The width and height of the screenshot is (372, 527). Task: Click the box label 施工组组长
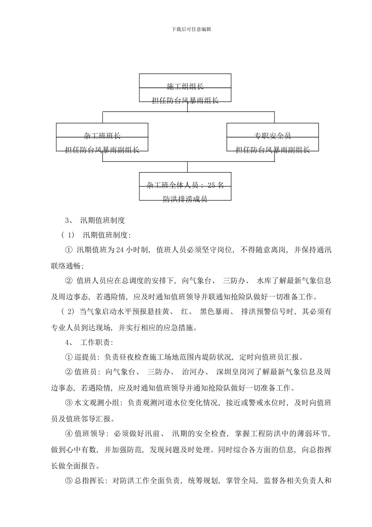pyautogui.click(x=185, y=86)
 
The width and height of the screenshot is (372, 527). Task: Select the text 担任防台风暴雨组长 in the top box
pyautogui.click(x=185, y=101)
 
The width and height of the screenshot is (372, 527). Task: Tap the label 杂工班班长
pyautogui.click(x=102, y=136)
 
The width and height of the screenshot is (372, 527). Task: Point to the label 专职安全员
pyautogui.click(x=273, y=136)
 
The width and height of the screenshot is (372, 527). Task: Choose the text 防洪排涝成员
pyautogui.click(x=185, y=199)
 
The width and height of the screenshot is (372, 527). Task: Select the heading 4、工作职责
pyautogui.click(x=89, y=342)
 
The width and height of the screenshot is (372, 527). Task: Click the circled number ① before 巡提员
pyautogui.click(x=69, y=357)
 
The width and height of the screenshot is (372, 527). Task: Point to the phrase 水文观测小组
pyautogui.click(x=98, y=403)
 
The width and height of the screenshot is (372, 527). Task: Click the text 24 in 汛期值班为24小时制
pyautogui.click(x=120, y=250)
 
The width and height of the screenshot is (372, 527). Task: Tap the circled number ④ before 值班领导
pyautogui.click(x=69, y=434)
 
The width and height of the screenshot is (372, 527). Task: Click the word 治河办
pyautogui.click(x=193, y=372)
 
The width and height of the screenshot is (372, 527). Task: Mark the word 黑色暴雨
pyautogui.click(x=213, y=312)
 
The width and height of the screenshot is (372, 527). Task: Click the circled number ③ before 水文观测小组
pyautogui.click(x=69, y=403)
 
